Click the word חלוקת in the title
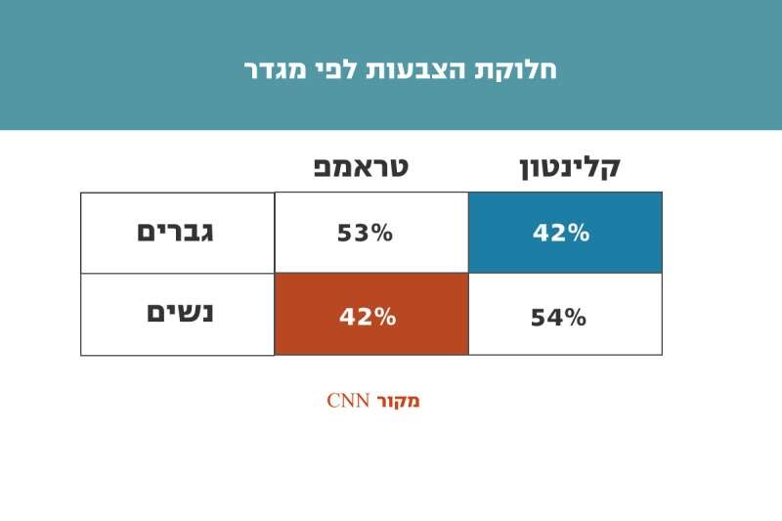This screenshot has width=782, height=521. [524, 70]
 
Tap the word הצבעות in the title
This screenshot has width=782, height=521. [434, 70]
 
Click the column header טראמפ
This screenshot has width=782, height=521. [360, 166]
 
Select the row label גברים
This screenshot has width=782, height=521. [175, 233]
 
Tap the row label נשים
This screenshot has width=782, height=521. [180, 313]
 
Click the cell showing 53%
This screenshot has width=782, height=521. [365, 234]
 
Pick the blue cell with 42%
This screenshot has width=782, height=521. [565, 233]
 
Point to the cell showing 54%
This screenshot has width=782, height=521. [558, 318]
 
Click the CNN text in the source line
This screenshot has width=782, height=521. [347, 400]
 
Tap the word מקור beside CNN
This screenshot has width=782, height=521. [399, 400]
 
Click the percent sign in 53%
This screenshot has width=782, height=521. [380, 234]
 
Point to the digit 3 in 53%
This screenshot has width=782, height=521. [358, 234]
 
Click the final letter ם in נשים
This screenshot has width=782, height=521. [157, 313]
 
